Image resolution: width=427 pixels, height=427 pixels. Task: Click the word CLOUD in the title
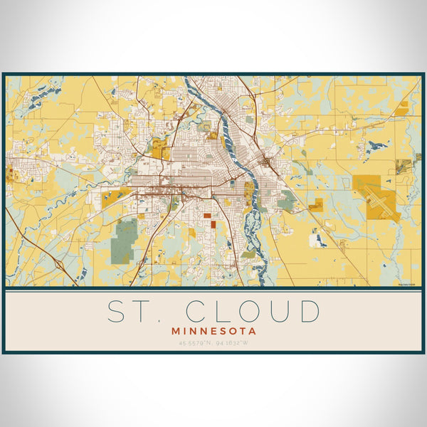pyautogui.click(x=253, y=312)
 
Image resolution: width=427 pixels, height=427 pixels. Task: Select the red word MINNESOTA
pyautogui.click(x=213, y=331)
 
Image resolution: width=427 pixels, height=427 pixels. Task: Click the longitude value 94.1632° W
pyautogui.click(x=233, y=344)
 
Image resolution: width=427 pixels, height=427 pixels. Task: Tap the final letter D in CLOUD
pyautogui.click(x=308, y=312)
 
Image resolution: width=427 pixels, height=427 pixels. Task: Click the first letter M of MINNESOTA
pyautogui.click(x=175, y=331)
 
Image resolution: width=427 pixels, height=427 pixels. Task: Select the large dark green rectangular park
pyautogui.click(x=125, y=239)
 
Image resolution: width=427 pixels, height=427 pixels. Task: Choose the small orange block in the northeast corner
pyautogui.click(x=404, y=107)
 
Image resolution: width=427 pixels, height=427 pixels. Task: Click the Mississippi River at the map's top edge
pyautogui.click(x=190, y=80)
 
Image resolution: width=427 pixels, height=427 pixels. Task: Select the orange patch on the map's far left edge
pyautogui.click(x=11, y=175)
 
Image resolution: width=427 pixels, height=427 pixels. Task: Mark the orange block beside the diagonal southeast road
pyautogui.click(x=316, y=206)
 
